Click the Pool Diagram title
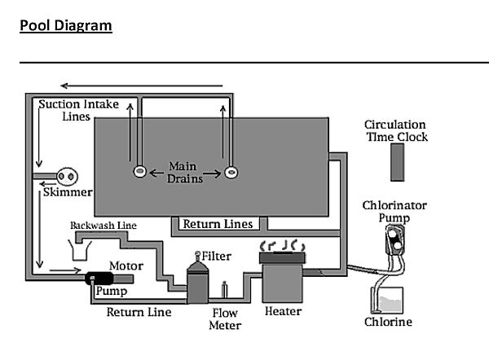coord(66,25)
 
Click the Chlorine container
coord(389,298)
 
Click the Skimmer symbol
coord(66,177)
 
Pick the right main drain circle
coord(231,172)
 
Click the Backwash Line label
coord(103,225)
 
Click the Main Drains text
coord(184,173)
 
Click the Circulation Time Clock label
coord(396,130)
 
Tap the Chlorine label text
coord(388,322)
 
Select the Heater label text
coord(283,311)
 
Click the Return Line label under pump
coord(139,311)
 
